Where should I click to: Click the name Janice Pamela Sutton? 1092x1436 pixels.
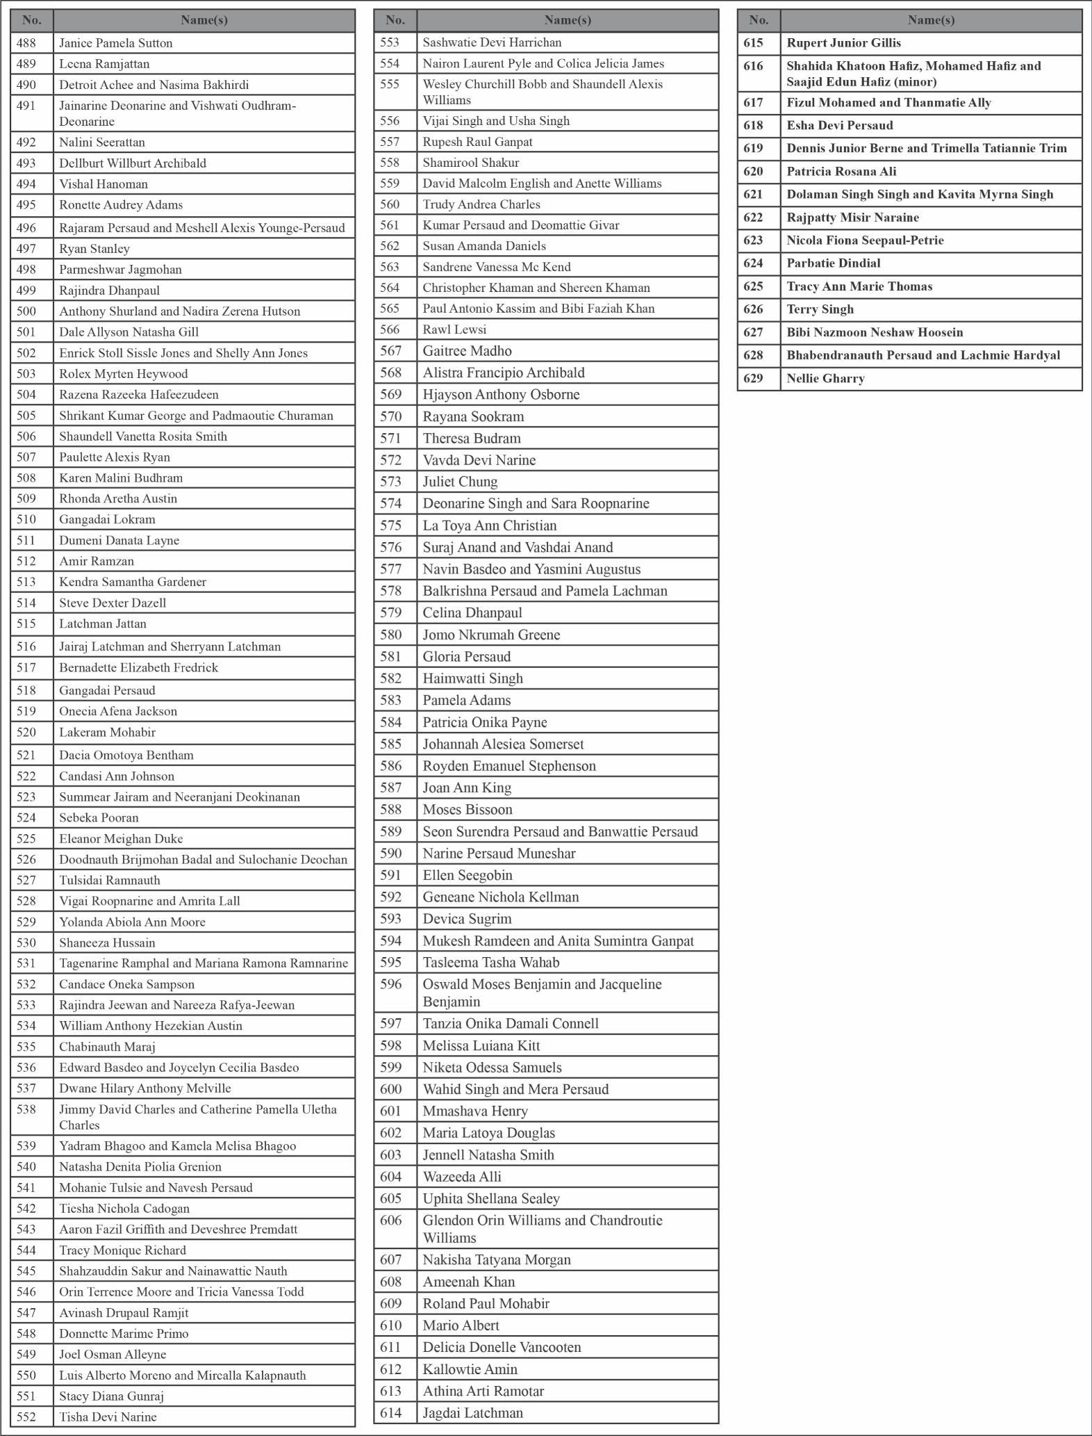(115, 43)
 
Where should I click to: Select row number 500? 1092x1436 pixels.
(26, 311)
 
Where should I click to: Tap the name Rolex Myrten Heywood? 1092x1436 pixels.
(123, 374)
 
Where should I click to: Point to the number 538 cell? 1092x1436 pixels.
(26, 1109)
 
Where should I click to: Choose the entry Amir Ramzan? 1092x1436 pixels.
(97, 561)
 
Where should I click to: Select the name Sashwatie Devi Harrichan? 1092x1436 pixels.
(492, 42)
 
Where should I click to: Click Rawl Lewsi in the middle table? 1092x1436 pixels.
(454, 329)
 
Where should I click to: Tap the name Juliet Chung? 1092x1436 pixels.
(460, 482)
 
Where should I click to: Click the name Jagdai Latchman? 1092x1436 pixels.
(472, 1412)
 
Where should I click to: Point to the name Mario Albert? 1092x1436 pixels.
(461, 1325)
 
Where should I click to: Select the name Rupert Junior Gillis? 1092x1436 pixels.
(843, 43)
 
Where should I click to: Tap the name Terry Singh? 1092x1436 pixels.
(820, 309)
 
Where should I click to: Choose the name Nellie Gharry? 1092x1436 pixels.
(825, 379)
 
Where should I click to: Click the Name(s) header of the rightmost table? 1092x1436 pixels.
(931, 20)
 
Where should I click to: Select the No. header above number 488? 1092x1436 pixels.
(32, 20)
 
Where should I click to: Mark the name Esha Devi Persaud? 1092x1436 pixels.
(839, 126)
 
